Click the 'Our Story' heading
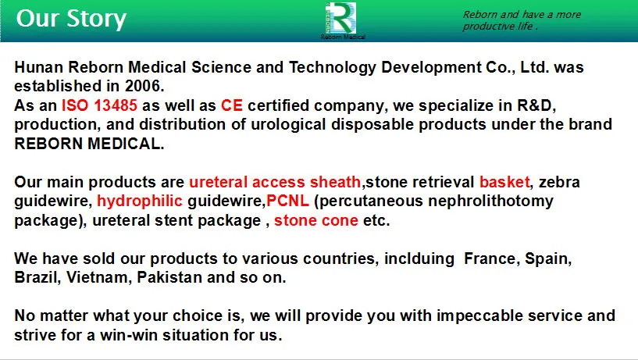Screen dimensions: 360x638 (71, 18)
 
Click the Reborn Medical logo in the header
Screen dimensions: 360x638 (342, 18)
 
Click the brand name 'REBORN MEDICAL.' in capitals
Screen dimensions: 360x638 (90, 143)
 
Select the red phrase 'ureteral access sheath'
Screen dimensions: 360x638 (275, 182)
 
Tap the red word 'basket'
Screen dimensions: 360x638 (504, 182)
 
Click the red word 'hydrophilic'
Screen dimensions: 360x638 (139, 201)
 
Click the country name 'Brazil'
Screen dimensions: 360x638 (36, 277)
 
